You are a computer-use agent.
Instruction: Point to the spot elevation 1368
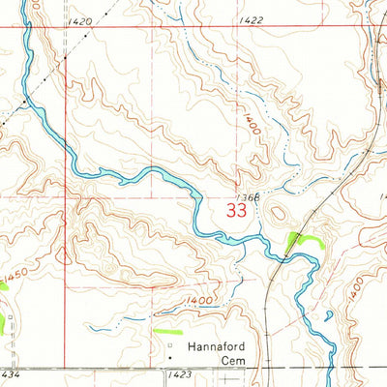[x=245, y=195]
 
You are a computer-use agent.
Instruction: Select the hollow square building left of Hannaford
[x=171, y=344]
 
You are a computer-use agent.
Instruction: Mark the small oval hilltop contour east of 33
[x=279, y=215]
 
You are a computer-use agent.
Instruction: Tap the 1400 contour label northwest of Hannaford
[x=200, y=302]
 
